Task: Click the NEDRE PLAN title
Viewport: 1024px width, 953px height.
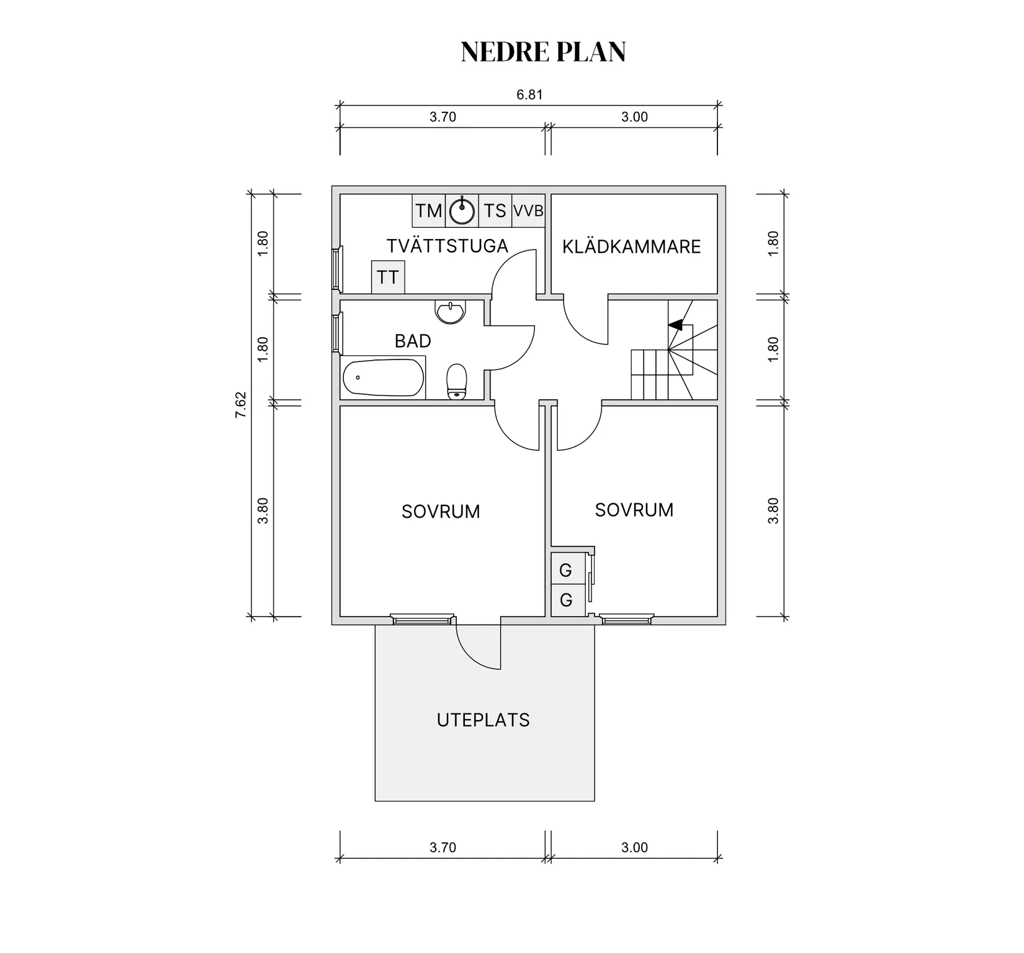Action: (543, 52)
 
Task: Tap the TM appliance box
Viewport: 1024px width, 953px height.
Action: (429, 210)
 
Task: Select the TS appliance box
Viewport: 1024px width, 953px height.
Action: (495, 210)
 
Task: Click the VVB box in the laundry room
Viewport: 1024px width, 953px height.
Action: (528, 210)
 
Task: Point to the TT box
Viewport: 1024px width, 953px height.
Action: (388, 277)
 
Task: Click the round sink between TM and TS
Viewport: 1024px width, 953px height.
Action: (462, 210)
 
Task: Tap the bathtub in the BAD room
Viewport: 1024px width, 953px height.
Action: (383, 377)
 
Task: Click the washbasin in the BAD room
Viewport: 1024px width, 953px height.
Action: (451, 312)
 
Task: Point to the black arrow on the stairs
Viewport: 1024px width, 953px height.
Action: (675, 324)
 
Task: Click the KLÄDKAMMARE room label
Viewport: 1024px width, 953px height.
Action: (632, 246)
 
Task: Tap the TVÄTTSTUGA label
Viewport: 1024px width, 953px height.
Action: (447, 246)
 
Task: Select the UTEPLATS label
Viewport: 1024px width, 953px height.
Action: (483, 720)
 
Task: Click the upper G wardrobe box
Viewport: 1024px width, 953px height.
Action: (565, 570)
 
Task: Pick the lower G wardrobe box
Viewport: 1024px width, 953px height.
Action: (565, 600)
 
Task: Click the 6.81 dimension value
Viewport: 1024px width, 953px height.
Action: (530, 94)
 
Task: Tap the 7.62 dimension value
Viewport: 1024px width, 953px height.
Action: (241, 405)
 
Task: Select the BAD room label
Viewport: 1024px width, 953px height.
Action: (413, 341)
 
